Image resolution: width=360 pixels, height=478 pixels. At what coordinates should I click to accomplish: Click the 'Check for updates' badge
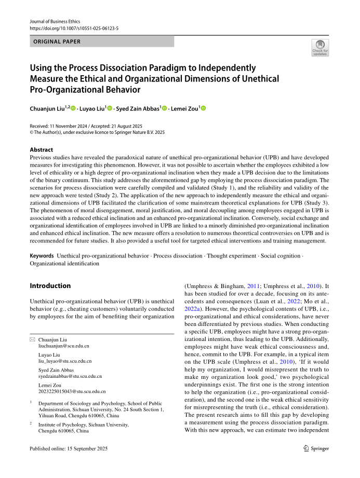(x=320, y=47)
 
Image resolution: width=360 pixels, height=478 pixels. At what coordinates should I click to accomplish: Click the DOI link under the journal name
(x=74, y=29)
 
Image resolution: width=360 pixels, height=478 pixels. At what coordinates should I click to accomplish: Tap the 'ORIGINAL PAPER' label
(x=57, y=42)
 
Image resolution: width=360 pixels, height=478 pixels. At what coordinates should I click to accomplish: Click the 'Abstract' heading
(x=42, y=149)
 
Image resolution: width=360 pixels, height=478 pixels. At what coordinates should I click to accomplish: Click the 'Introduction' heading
(x=50, y=285)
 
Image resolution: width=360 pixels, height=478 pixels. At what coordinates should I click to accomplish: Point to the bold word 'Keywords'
(x=42, y=256)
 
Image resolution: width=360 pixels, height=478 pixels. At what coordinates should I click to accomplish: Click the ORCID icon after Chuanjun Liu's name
(x=73, y=108)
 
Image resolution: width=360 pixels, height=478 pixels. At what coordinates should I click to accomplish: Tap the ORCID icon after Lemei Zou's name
(x=203, y=108)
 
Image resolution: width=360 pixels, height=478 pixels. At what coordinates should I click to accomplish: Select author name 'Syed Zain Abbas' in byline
(x=139, y=108)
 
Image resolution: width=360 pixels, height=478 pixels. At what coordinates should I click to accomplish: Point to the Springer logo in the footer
(x=316, y=448)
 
